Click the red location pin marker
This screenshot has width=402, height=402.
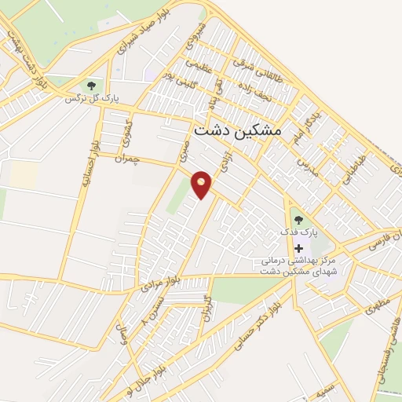(203, 184)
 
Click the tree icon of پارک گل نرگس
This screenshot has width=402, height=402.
(92, 83)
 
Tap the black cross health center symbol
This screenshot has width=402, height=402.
(298, 247)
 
